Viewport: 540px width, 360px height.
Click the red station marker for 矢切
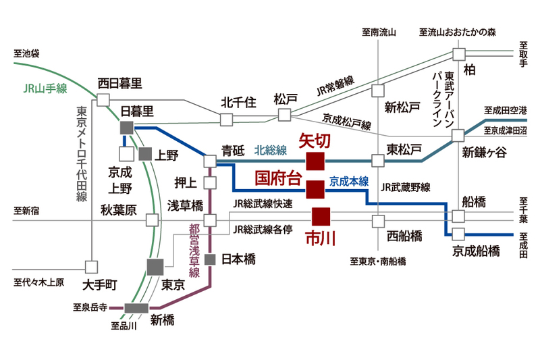pyautogui.click(x=315, y=161)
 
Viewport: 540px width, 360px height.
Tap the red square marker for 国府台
pyautogui.click(x=315, y=189)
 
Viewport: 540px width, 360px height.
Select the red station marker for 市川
pyautogui.click(x=321, y=216)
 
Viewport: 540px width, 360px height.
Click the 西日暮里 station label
pyautogui.click(x=120, y=83)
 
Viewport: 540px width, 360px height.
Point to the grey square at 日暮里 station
pyautogui.click(x=126, y=128)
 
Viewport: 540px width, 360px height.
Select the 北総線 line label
pyautogui.click(x=271, y=150)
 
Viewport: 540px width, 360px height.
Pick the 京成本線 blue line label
pyautogui.click(x=349, y=181)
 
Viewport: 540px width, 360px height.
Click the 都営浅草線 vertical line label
pyautogui.click(x=194, y=250)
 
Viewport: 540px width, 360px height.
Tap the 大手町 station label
pyautogui.click(x=99, y=284)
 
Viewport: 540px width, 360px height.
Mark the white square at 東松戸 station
pyautogui.click(x=378, y=161)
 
